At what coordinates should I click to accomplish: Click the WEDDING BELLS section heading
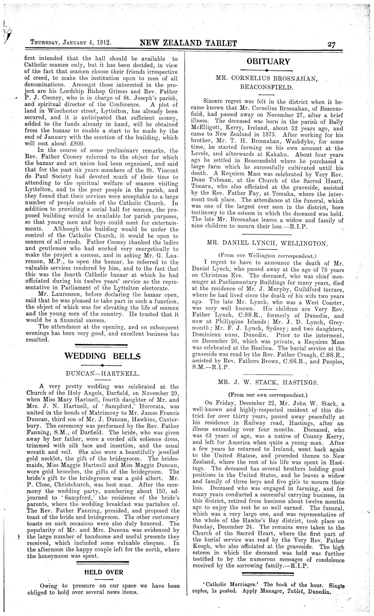102,356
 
